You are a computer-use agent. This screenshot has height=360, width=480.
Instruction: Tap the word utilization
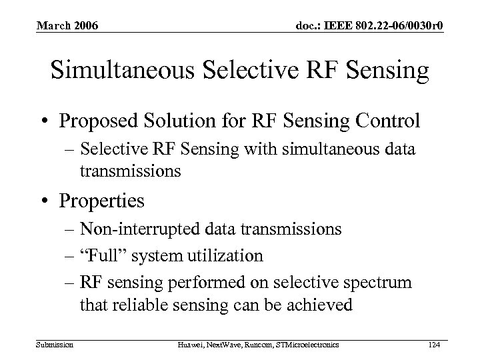coord(226,255)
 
